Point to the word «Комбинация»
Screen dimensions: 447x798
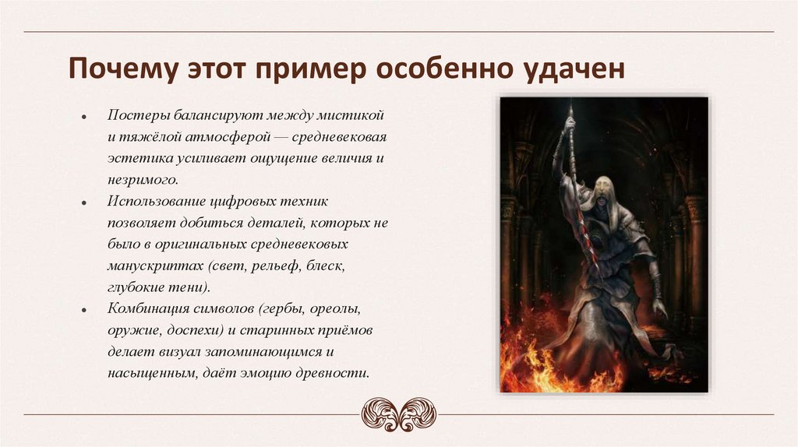coord(150,308)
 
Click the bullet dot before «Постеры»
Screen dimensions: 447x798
coord(83,116)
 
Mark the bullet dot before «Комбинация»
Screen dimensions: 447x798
coord(83,309)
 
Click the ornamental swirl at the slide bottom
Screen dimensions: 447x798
coord(398,414)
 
